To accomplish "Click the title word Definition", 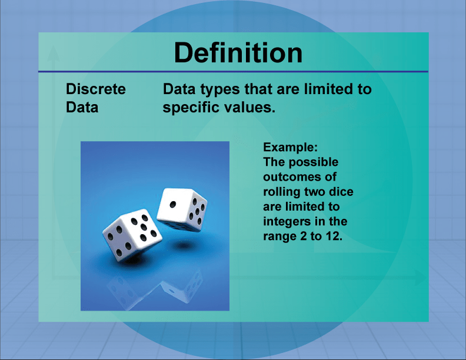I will point(238,53).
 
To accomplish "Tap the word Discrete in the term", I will point(95,89).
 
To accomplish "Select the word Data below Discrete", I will point(82,108).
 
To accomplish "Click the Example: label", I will point(291,147).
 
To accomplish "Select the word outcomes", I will point(292,177).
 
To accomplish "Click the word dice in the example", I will point(341,192).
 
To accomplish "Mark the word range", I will point(279,236).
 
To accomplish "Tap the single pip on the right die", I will point(172,204).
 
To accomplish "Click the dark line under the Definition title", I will point(233,72).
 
